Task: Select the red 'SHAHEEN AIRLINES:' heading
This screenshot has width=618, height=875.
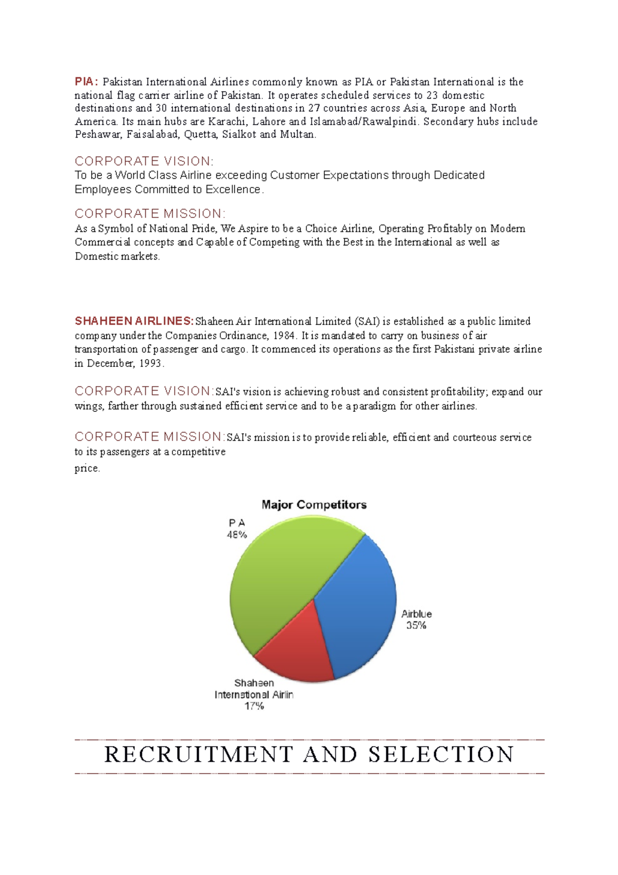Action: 134,322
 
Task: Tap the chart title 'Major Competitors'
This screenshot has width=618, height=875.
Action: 314,505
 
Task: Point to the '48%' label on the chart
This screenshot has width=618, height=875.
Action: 237,535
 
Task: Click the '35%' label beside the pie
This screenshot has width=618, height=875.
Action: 416,626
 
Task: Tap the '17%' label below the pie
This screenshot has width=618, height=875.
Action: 254,706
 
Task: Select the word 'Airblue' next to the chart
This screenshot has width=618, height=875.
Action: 417,614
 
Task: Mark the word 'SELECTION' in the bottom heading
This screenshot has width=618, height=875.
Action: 441,755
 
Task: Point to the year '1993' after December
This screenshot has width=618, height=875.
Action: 151,364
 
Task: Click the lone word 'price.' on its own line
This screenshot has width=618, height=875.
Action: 87,468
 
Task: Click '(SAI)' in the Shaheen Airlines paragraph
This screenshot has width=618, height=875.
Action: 366,322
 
